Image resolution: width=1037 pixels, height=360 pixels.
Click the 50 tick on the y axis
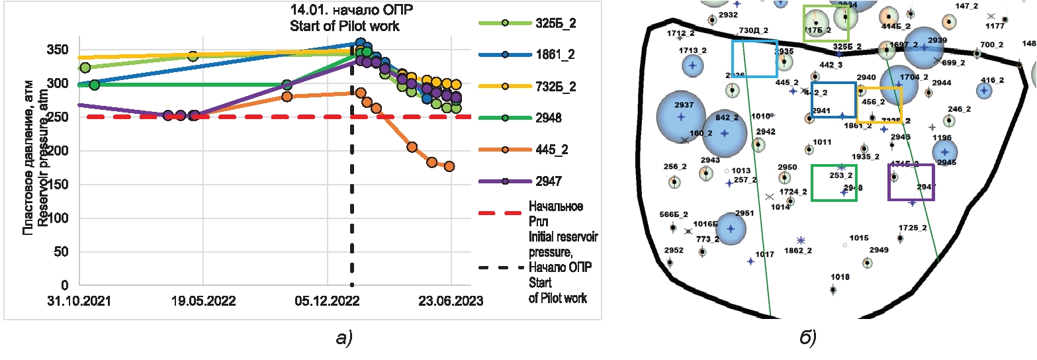(61, 252)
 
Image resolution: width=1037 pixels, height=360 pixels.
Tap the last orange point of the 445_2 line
(449, 167)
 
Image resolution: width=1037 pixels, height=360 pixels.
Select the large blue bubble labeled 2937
(681, 116)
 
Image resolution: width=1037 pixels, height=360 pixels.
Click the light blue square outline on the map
(754, 58)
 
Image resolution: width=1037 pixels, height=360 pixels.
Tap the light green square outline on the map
(825, 23)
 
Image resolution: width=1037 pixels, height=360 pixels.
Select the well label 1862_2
(797, 251)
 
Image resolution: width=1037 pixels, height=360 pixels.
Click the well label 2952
(673, 251)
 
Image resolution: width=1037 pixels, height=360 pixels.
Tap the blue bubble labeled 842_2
(725, 132)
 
